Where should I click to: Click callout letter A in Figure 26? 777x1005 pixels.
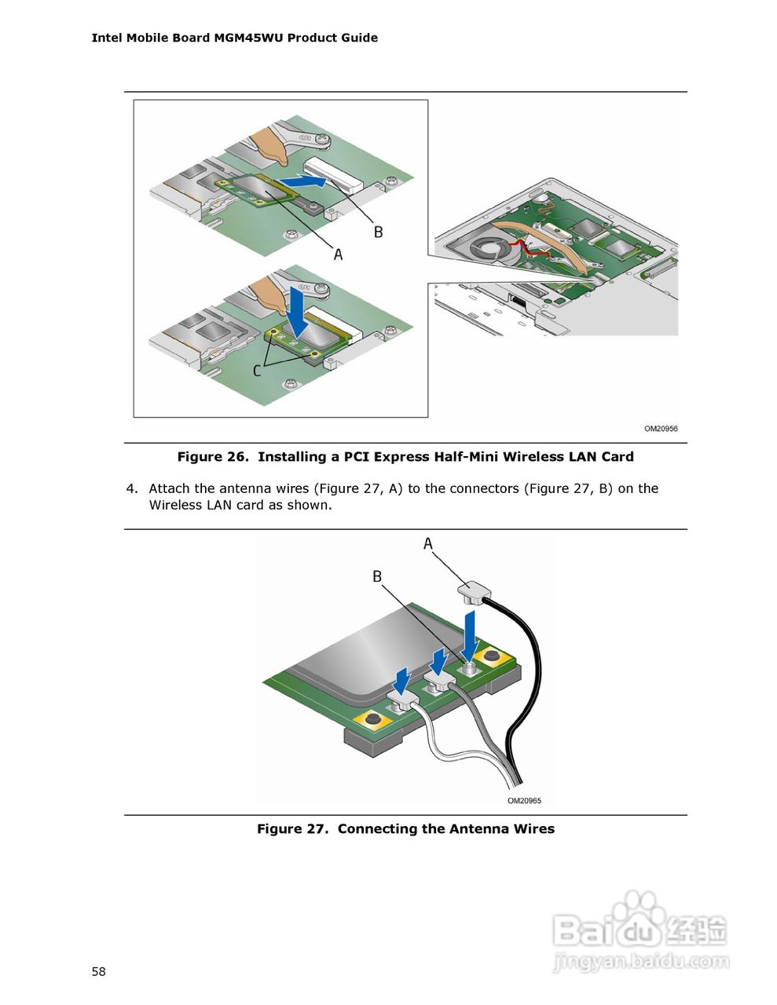tap(339, 254)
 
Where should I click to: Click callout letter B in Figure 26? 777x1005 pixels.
tap(378, 232)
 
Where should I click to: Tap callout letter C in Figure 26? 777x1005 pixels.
tap(257, 370)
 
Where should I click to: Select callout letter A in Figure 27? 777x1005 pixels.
tap(428, 543)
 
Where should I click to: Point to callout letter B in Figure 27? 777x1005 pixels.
tap(377, 576)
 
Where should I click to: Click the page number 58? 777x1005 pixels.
tap(98, 972)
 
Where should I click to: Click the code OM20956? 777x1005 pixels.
tap(661, 429)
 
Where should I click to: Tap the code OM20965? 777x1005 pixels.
tap(524, 801)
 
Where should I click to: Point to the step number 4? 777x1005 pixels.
tap(130, 488)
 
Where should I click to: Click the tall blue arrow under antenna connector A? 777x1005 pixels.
tap(470, 636)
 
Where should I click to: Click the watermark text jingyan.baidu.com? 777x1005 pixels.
tap(640, 961)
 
